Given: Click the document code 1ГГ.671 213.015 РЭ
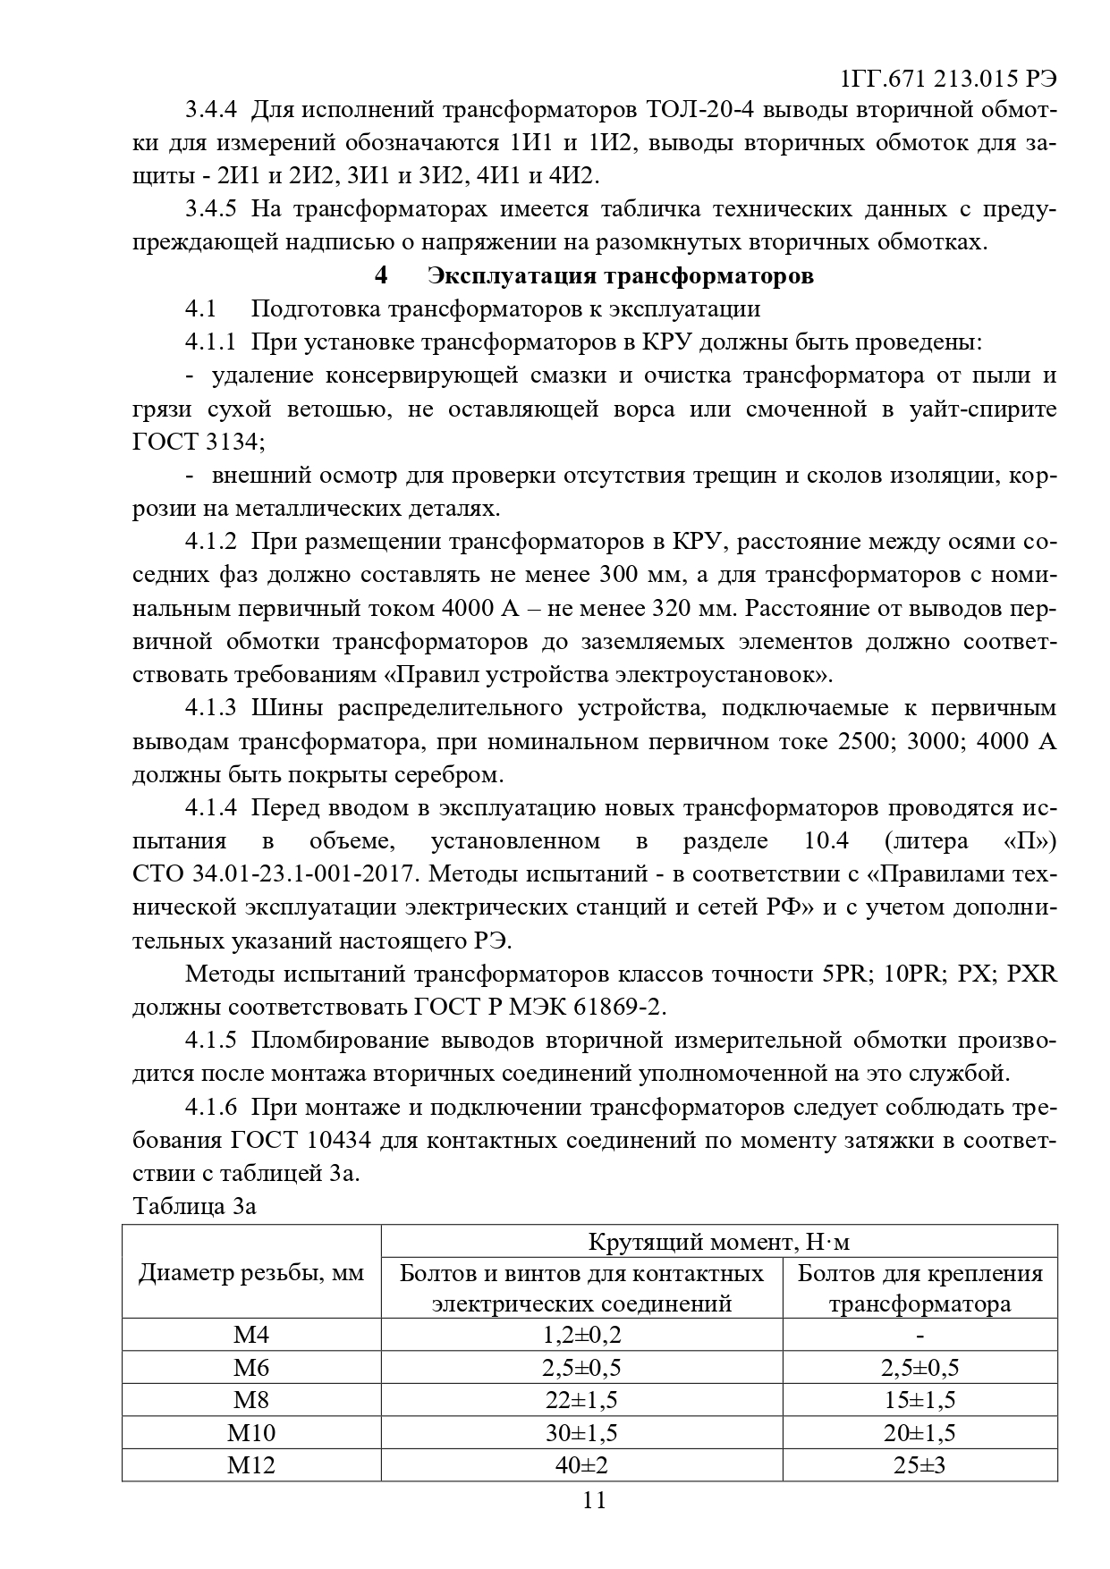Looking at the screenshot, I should pos(949,79).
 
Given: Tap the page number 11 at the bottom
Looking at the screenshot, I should pos(594,1500).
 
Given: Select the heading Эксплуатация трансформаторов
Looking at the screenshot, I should pos(621,275).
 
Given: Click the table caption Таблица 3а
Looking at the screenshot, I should pos(194,1206).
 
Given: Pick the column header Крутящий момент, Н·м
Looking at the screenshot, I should pos(718,1242).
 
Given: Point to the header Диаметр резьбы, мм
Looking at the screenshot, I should pos(251,1273).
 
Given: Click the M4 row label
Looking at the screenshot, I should pos(251,1335).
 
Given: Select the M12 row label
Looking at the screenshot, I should pos(251,1464).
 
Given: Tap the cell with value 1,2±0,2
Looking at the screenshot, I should pos(581,1335).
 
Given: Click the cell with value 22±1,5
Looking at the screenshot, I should pos(581,1400).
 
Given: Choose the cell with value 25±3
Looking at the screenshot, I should pos(919,1464).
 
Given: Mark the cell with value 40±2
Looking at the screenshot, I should pos(581,1464).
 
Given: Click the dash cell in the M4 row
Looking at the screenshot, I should pos(919,1335).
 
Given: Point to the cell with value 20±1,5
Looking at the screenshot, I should pos(919,1432).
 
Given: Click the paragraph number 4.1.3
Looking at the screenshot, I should pos(211,708).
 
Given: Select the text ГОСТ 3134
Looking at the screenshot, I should pos(198,443).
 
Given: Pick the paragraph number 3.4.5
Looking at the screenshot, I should pos(211,209).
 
